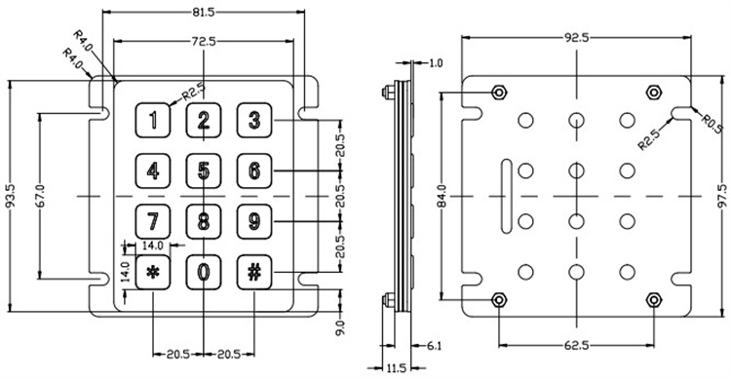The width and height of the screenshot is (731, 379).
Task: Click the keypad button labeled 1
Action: tap(152, 120)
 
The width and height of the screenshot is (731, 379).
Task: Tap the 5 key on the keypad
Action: tap(204, 171)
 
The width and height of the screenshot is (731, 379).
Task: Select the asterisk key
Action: tap(152, 272)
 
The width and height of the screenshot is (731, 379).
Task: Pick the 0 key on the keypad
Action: tap(204, 272)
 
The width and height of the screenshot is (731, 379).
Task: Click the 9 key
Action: tap(254, 221)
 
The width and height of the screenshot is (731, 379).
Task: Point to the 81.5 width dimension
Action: tap(204, 13)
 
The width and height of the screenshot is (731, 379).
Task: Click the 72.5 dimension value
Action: tap(204, 42)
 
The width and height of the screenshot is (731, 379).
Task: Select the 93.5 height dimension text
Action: tap(11, 196)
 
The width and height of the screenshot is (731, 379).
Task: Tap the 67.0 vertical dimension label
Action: tap(40, 196)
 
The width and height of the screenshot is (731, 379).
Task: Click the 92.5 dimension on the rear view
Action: tap(576, 38)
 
